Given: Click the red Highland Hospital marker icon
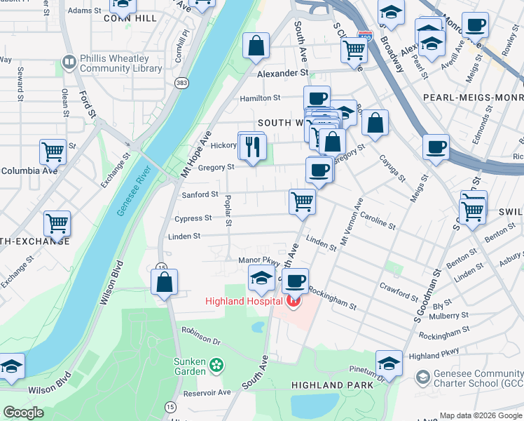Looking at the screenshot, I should click(x=293, y=302).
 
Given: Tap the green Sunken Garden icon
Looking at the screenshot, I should click(x=216, y=364).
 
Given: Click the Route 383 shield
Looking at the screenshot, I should click(x=181, y=83).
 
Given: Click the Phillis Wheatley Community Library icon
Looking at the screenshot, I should click(x=69, y=63).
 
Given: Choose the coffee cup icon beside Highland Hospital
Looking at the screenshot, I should click(x=295, y=281).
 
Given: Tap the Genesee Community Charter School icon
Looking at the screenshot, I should click(x=422, y=378).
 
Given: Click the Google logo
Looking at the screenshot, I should click(x=23, y=413).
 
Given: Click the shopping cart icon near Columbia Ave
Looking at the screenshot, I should click(x=54, y=152).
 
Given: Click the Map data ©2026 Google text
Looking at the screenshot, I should click(x=481, y=415).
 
